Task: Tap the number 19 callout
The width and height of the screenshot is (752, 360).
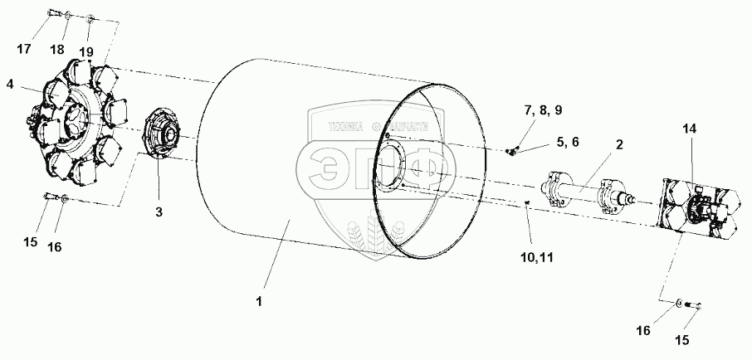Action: coord(87,51)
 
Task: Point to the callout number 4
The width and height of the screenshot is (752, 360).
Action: coord(10,84)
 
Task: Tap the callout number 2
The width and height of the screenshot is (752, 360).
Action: coord(619,144)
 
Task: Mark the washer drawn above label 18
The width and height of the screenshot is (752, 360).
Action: coord(69,15)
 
